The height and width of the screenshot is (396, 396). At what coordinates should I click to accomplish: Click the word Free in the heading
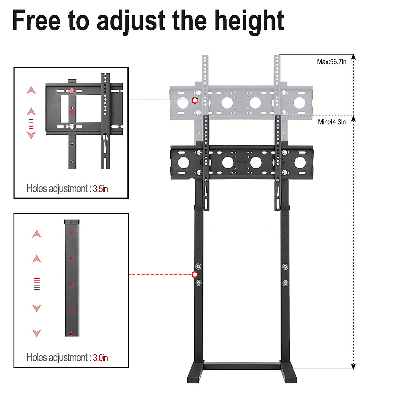(36, 20)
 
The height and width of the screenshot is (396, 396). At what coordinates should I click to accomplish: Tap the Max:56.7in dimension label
(331, 62)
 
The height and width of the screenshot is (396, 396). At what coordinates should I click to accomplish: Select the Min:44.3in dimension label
(332, 122)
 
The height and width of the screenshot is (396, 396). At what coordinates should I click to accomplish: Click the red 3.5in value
(100, 189)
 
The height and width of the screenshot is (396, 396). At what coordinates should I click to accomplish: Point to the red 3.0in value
(100, 358)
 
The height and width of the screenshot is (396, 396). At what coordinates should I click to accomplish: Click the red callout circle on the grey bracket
(195, 100)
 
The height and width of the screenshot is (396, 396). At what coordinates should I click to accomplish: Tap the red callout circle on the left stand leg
(195, 275)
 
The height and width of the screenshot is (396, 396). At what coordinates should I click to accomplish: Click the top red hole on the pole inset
(72, 234)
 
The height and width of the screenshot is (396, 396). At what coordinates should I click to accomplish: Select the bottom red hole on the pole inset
(72, 333)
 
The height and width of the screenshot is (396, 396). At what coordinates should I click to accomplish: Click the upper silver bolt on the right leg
(285, 267)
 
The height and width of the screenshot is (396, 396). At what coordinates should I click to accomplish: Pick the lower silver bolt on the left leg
(198, 283)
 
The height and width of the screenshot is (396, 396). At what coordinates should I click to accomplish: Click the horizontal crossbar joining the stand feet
(242, 366)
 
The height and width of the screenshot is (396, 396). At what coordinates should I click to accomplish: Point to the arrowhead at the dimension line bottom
(353, 366)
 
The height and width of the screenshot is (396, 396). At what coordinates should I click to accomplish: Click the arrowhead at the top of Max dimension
(353, 57)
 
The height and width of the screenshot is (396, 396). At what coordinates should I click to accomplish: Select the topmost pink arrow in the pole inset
(37, 234)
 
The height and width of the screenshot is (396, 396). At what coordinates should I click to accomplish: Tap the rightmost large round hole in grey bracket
(299, 103)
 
